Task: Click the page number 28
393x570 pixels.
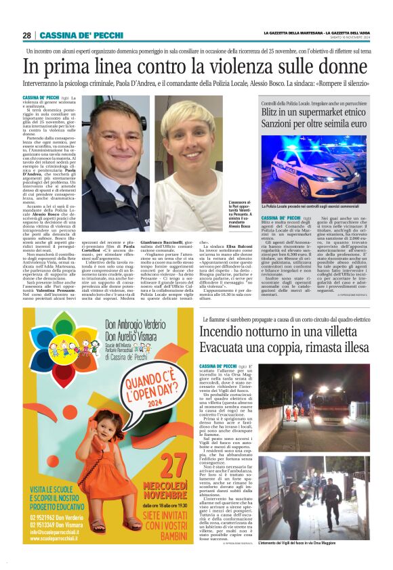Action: point(26,35)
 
